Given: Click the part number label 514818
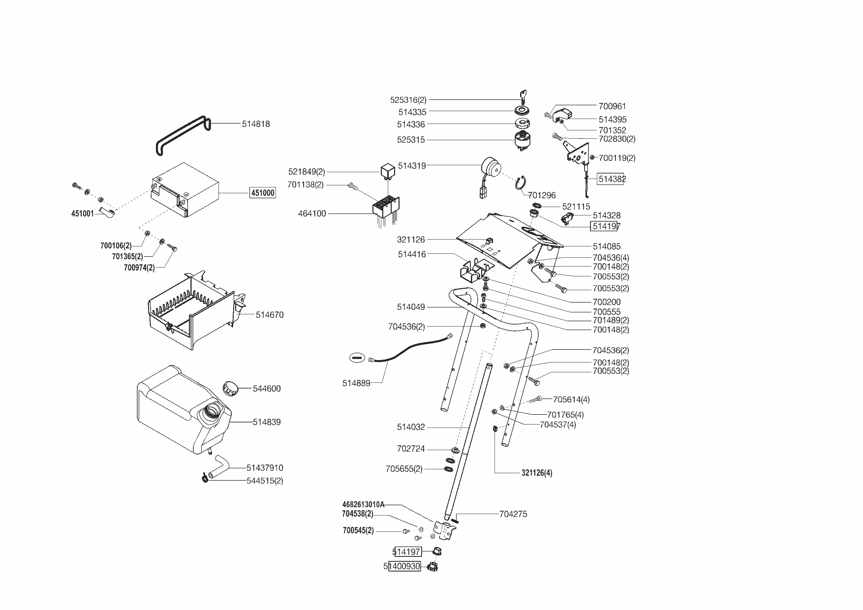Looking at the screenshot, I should click(x=256, y=124).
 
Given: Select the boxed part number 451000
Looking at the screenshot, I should click(x=263, y=193).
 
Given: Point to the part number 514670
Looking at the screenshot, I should click(x=270, y=315).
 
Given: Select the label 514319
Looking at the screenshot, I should click(x=412, y=166).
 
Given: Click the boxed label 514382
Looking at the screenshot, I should click(x=612, y=179).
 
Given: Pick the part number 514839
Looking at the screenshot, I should click(x=267, y=422).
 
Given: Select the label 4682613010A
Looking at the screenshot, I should click(x=363, y=504).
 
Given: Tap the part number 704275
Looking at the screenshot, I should click(x=513, y=514).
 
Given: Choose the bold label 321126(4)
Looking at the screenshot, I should click(x=537, y=473).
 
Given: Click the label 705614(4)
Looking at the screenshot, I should click(x=571, y=399).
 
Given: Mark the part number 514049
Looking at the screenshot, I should click(x=411, y=307).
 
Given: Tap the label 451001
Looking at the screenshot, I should click(x=83, y=214).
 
